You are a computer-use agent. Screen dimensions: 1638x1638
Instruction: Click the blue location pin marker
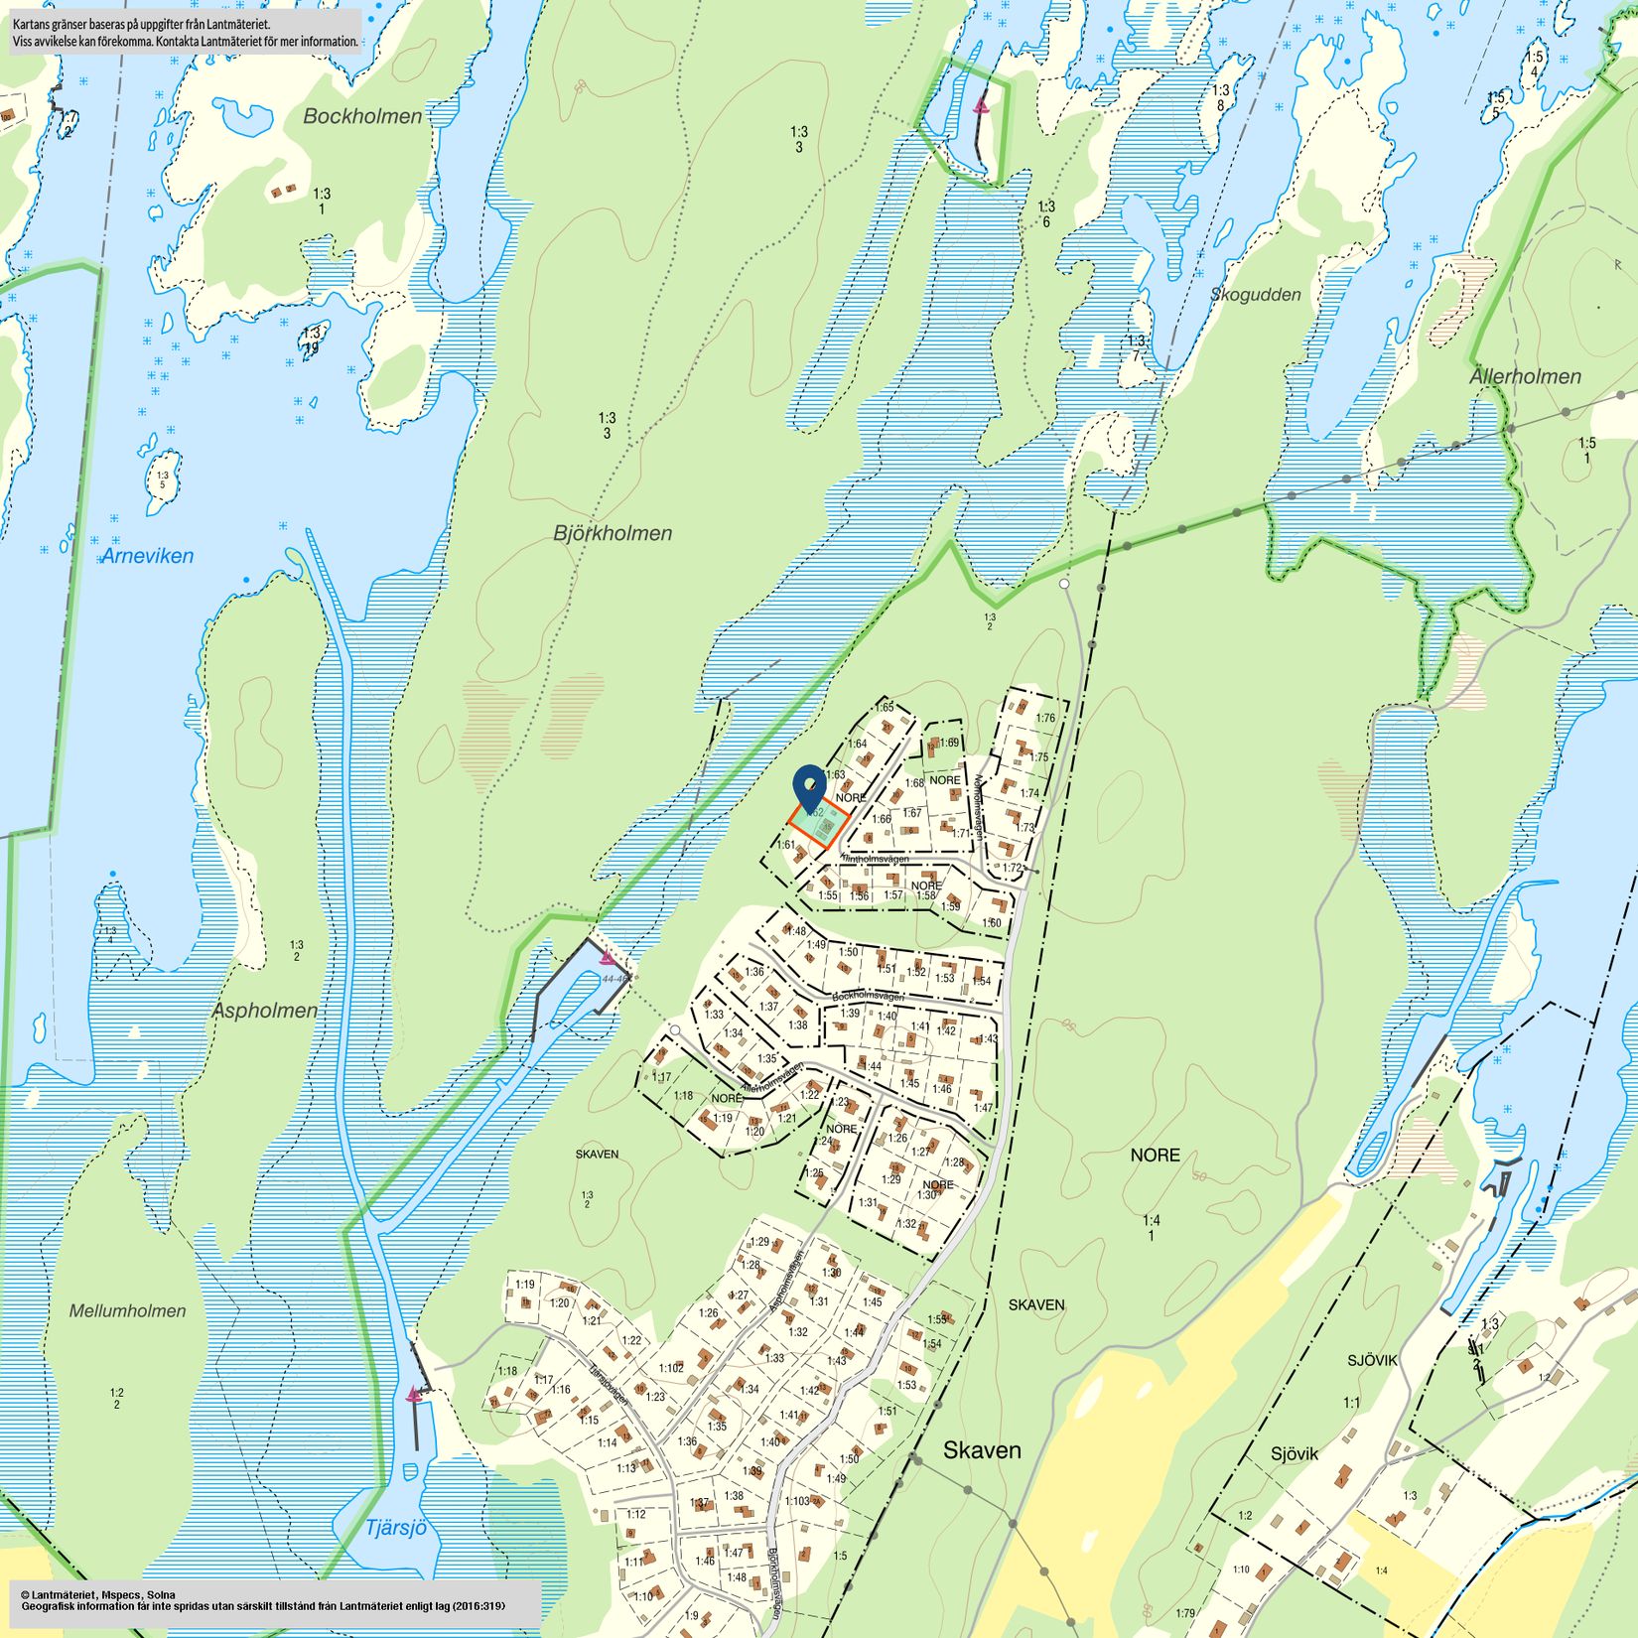pos(811,786)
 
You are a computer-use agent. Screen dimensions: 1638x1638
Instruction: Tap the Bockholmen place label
pos(362,116)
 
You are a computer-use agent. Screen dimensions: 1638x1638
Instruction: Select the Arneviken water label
pos(147,556)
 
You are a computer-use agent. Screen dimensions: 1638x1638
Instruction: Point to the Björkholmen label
pos(613,533)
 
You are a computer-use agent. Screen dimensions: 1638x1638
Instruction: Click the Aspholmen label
pos(265,1011)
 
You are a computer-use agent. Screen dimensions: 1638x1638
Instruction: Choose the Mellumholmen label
pos(127,1310)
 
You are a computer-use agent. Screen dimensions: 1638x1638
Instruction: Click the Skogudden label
pos(1255,294)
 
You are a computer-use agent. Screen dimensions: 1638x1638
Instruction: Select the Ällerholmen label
pos(1525,376)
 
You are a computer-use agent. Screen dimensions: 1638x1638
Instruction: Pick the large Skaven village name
pos(982,1450)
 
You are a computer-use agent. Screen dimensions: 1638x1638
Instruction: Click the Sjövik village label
pos(1295,1453)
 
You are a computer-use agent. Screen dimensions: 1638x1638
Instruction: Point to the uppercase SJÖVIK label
pos(1372,1360)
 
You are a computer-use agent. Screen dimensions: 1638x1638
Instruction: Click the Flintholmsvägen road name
pos(875,858)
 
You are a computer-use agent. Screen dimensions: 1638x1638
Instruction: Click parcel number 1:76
pos(1045,718)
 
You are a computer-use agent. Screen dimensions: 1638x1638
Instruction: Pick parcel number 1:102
pos(671,1368)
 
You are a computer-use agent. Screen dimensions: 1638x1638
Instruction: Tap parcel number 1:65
pos(885,707)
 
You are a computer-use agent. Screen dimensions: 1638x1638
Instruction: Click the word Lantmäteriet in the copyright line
pos(68,1593)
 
